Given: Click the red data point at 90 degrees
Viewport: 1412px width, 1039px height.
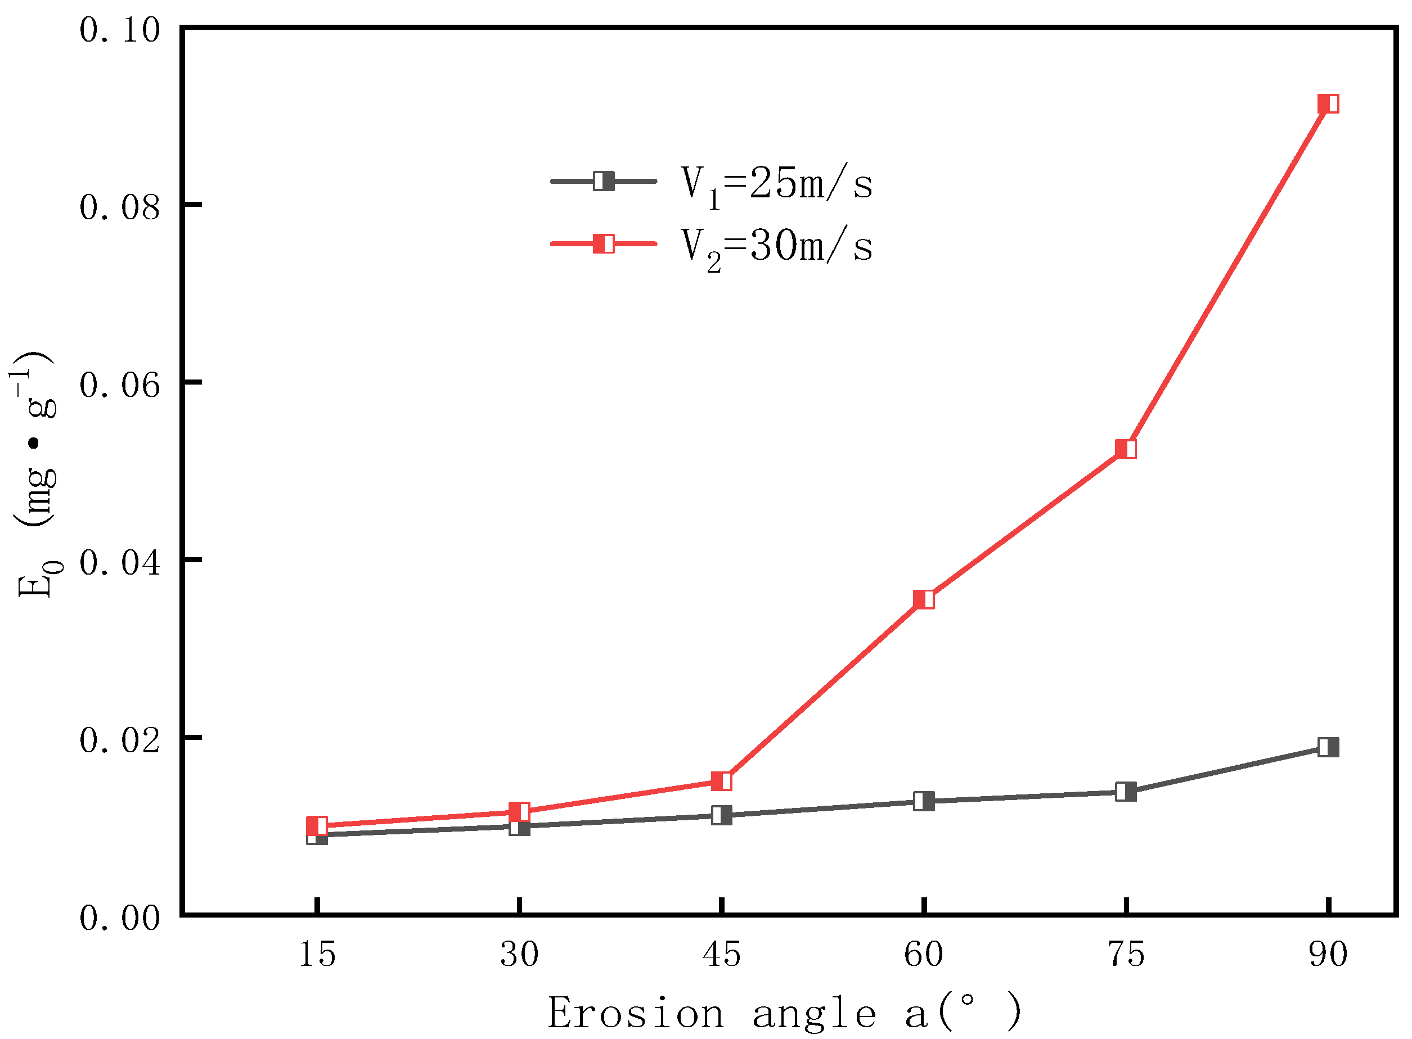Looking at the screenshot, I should [1328, 104].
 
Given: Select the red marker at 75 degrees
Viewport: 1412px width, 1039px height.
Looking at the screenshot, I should [1126, 449].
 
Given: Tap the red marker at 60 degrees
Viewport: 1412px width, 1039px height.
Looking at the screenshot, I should [924, 599].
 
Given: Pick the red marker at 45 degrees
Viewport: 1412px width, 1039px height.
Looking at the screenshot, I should [722, 781].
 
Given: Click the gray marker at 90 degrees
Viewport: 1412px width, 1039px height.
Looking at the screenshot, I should [1328, 747].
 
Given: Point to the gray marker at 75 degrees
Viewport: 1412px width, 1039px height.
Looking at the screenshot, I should [1126, 791].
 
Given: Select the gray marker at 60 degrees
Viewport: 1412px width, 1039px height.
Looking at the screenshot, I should [924, 801].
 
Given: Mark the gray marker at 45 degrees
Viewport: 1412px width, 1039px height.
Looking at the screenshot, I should [722, 816].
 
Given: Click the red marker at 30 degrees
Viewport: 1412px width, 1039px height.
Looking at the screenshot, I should [519, 811].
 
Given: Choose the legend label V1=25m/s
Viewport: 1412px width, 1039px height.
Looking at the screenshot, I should [776, 184].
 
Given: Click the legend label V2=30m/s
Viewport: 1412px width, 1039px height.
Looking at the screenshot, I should [776, 247].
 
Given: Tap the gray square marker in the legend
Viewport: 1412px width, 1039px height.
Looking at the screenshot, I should [604, 181].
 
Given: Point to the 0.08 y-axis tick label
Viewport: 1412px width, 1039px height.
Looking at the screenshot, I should [120, 207].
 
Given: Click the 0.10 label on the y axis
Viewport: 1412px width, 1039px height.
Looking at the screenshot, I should [120, 30].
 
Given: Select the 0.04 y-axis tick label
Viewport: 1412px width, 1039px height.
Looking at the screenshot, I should [120, 562].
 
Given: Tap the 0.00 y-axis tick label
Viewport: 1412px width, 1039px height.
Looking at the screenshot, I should [120, 918].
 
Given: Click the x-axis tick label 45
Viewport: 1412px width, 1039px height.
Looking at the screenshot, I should [722, 954].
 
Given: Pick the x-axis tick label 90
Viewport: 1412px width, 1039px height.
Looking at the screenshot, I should [1328, 954].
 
